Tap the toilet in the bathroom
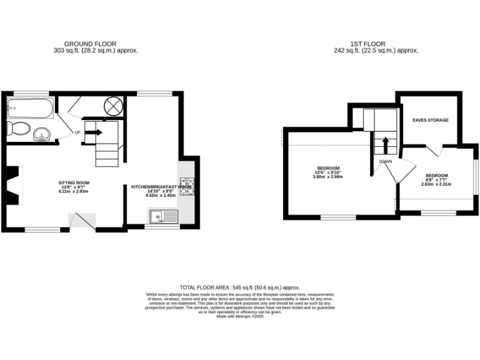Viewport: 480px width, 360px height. tap(18, 129)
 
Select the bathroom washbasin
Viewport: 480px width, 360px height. tap(42, 133)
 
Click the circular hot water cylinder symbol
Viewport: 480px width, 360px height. tap(114, 106)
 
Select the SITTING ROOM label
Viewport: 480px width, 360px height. tap(74, 183)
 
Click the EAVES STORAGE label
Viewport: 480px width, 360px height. tap(430, 120)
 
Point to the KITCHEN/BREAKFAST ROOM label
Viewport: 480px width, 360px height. tap(161, 187)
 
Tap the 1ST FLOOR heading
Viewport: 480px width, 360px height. tap(376, 44)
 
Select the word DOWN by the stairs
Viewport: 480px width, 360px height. tap(385, 161)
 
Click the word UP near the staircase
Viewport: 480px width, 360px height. tap(77, 132)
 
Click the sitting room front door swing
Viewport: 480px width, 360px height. tap(82, 221)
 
